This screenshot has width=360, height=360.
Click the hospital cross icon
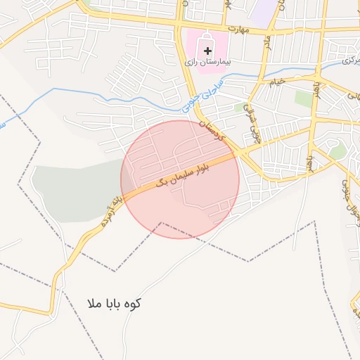207,51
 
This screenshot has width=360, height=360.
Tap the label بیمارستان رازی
208,62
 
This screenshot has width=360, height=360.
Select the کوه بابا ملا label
114,304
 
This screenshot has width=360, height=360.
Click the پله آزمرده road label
112,210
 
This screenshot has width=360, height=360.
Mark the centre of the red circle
180,179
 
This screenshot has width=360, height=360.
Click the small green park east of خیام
304,98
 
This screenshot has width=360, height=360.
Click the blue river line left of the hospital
105,91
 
